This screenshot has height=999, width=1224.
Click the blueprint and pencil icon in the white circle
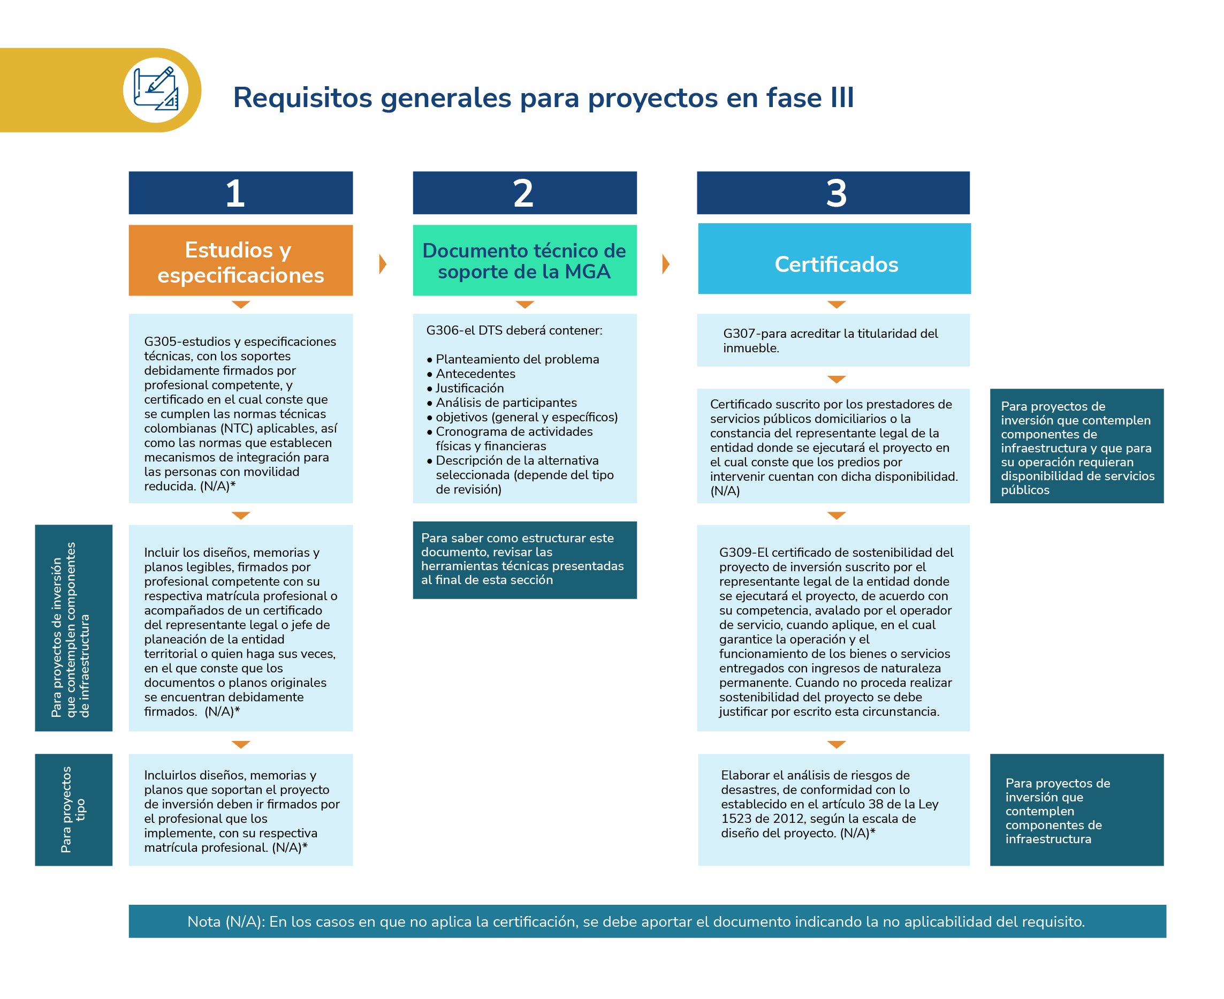click(156, 90)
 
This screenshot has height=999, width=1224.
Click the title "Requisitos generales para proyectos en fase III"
click(543, 97)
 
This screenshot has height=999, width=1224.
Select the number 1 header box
click(240, 193)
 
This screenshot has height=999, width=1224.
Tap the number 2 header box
click(524, 193)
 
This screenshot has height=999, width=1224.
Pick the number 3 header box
click(833, 193)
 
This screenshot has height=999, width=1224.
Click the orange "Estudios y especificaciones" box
click(240, 261)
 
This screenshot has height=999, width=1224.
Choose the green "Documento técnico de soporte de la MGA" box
click(524, 261)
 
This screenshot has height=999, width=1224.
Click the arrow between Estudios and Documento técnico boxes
click(383, 264)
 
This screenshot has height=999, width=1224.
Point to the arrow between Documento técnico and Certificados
click(666, 264)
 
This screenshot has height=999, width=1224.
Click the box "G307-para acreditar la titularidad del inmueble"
click(833, 340)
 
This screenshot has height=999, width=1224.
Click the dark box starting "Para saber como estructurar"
click(524, 559)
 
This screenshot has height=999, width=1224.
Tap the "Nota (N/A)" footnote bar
click(647, 921)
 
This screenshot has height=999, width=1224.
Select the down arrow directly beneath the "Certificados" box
click(836, 305)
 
